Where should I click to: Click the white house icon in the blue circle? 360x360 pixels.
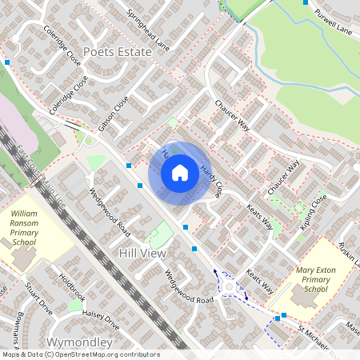(x=179, y=173)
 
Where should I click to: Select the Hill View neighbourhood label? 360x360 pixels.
(x=142, y=253)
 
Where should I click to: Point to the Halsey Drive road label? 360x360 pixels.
(x=101, y=321)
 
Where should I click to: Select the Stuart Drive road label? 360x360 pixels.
(x=38, y=295)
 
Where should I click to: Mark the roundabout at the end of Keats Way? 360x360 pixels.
(x=230, y=286)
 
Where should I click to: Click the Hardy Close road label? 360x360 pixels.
(x=211, y=181)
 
